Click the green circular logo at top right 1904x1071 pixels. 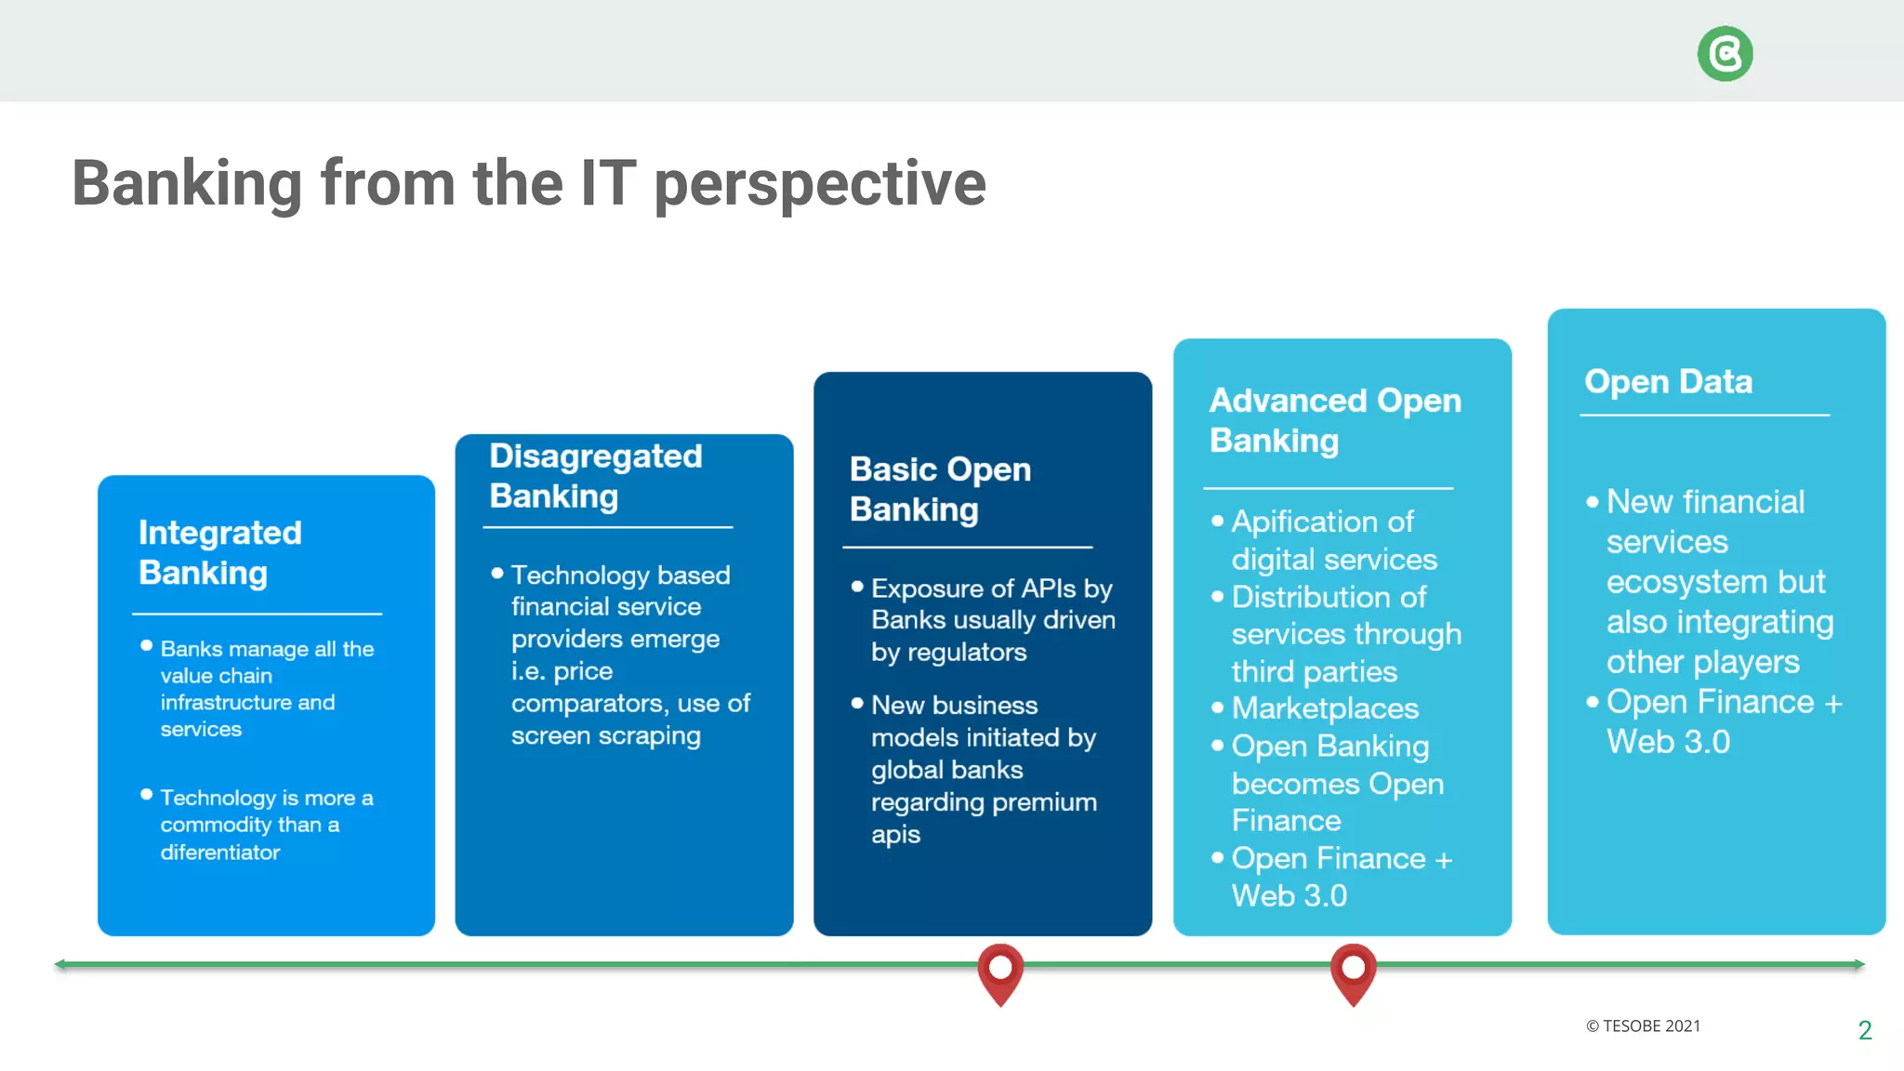click(1725, 54)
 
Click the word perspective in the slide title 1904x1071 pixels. click(819, 184)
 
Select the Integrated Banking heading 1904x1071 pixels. click(220, 552)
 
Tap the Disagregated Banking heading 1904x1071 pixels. click(595, 476)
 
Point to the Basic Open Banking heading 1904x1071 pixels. click(940, 489)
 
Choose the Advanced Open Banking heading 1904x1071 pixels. click(1335, 420)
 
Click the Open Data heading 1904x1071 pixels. click(1668, 381)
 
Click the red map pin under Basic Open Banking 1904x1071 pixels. click(1000, 971)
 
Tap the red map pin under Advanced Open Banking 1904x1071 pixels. click(1353, 971)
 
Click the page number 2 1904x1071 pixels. click(1864, 1030)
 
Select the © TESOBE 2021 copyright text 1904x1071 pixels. click(1643, 1026)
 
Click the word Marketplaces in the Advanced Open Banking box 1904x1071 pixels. click(1325, 708)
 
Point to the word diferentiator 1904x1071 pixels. click(220, 853)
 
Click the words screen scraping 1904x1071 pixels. click(605, 736)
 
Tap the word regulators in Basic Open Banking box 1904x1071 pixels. click(967, 653)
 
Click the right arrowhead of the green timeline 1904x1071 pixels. click(1858, 964)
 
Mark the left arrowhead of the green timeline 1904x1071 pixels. click(60, 964)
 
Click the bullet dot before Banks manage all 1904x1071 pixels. click(146, 645)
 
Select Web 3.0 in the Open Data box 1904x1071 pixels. click(1668, 742)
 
